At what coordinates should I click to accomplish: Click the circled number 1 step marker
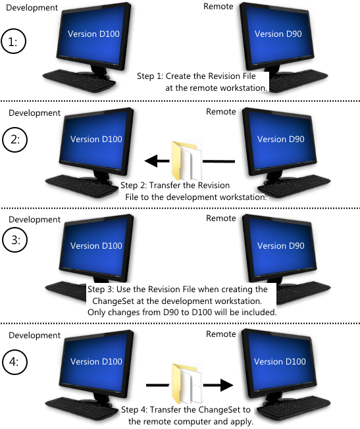14,41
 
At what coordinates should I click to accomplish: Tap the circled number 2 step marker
14,139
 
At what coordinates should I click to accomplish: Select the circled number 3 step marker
14,240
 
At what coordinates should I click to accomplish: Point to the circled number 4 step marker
14,362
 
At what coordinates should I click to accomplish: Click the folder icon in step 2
186,161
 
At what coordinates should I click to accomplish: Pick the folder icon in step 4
186,384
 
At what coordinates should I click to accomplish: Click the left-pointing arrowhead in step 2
151,161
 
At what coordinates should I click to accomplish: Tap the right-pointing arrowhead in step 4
226,385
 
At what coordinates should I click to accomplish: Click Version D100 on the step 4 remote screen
280,361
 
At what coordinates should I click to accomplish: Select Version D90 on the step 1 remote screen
278,34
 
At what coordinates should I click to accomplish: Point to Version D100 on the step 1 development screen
93,34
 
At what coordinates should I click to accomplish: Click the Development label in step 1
32,8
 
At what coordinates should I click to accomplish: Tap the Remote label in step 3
221,218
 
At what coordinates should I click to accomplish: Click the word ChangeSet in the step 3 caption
113,301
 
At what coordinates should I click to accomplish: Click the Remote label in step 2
221,112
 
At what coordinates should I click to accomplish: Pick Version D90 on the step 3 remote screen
280,245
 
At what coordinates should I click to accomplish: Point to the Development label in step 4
34,336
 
